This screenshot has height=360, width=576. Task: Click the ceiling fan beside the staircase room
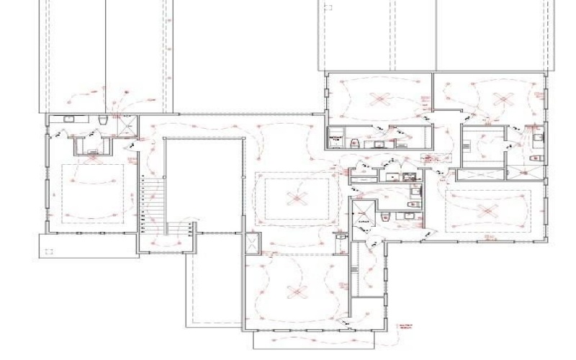(293, 196)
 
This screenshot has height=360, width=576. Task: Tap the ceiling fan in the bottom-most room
(293, 290)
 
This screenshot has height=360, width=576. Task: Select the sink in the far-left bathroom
(70, 120)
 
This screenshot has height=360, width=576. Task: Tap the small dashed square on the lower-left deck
(50, 251)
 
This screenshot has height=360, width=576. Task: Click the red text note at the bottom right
(408, 328)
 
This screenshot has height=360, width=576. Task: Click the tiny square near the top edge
(330, 9)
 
